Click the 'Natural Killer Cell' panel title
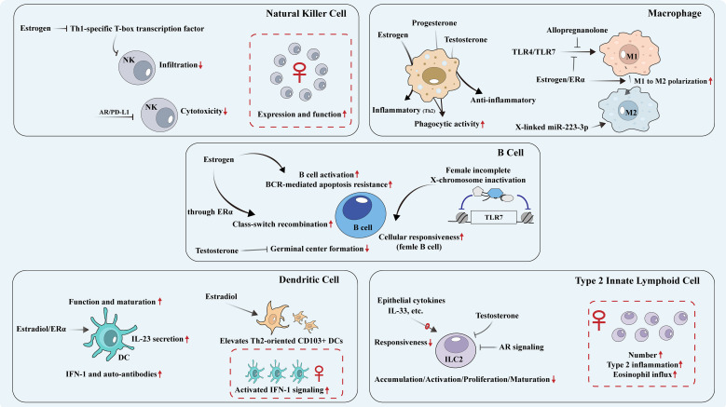(x=306, y=13)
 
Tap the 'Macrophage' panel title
(x=675, y=13)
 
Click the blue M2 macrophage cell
(x=629, y=111)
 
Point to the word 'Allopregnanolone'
(x=577, y=31)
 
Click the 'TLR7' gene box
(x=494, y=217)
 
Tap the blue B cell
(x=361, y=214)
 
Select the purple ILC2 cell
(x=456, y=350)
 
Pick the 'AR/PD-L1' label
(x=114, y=112)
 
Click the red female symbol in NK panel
(x=299, y=73)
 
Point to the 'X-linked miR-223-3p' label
(x=552, y=127)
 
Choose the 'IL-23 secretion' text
(x=158, y=339)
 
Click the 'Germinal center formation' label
(x=317, y=249)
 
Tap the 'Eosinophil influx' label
(x=642, y=374)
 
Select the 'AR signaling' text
(x=521, y=346)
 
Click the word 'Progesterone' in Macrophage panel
(x=434, y=23)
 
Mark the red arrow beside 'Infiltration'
(x=200, y=65)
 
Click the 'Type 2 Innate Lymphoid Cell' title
(x=637, y=280)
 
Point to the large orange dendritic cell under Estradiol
(x=273, y=318)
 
